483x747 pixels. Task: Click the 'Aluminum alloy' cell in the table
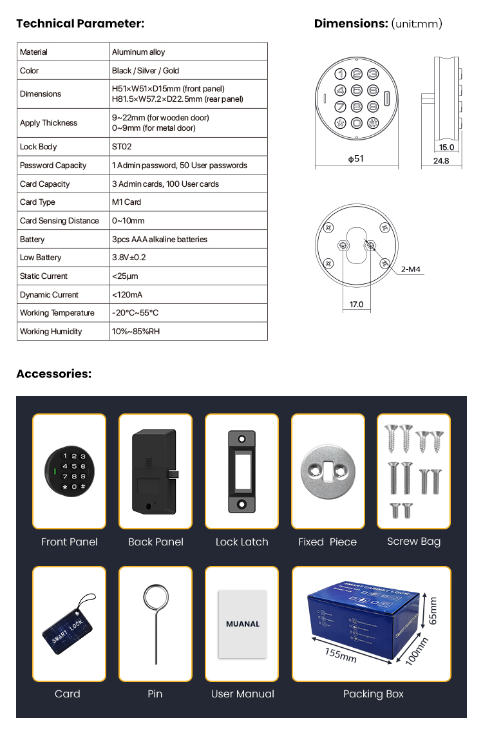click(x=138, y=52)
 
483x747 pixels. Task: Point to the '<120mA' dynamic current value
click(x=128, y=295)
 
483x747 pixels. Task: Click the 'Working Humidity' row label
click(x=51, y=332)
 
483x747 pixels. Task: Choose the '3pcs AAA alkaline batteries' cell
click(x=160, y=240)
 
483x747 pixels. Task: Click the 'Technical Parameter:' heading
click(x=80, y=24)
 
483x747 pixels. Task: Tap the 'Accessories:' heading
click(x=54, y=374)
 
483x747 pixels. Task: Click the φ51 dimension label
click(x=355, y=158)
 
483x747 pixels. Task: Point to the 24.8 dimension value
click(x=441, y=161)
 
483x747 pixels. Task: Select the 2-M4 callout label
click(x=410, y=270)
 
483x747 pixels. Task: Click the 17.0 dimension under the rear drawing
click(x=356, y=305)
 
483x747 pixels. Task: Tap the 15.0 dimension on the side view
click(x=446, y=147)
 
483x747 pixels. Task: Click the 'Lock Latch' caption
click(x=241, y=542)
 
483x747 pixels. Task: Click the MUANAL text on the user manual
click(x=242, y=624)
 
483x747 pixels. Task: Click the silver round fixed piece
click(x=328, y=473)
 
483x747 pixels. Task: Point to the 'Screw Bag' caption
click(x=413, y=542)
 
